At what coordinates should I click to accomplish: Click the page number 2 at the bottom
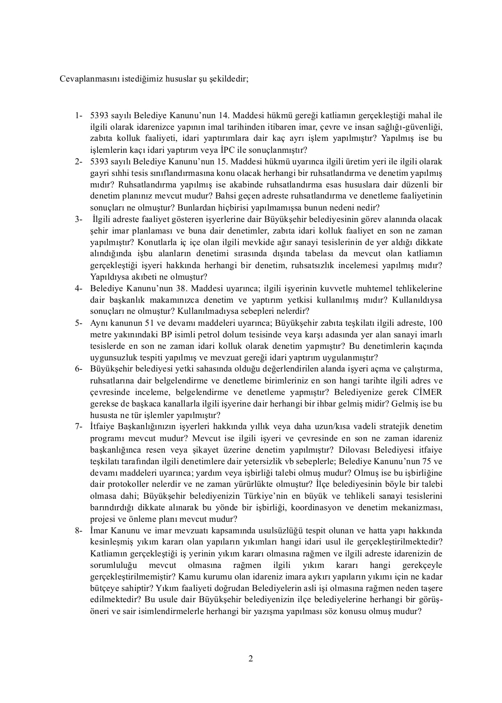point(251,659)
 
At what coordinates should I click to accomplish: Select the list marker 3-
point(79,219)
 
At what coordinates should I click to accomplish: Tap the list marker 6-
point(79,369)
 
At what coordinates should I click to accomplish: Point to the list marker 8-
point(79,530)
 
